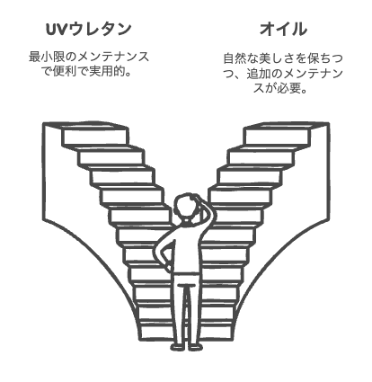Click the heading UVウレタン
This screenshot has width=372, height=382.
[89, 29]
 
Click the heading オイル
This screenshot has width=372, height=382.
[283, 29]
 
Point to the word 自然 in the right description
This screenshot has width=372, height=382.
[235, 58]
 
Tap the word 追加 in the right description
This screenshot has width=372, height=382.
[259, 74]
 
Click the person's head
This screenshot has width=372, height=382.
[185, 207]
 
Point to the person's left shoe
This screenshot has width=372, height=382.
[177, 347]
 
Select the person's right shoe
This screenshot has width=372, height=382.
[196, 347]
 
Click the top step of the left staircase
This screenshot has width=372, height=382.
[95, 136]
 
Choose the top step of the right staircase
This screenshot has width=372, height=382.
[278, 136]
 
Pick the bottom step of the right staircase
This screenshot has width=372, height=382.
[217, 330]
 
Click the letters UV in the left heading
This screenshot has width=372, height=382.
[56, 29]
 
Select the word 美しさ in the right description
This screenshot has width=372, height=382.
[277, 58]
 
